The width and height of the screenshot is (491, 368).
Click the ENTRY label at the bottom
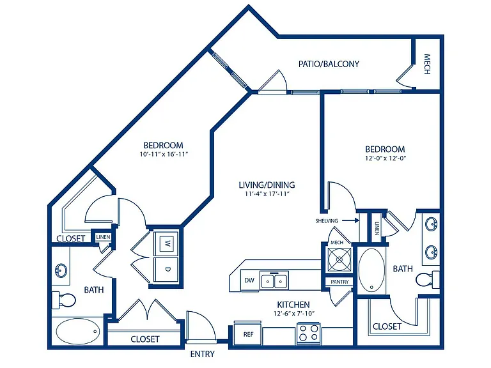pyautogui.click(x=202, y=354)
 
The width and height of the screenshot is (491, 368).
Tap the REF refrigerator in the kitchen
pyautogui.click(x=247, y=333)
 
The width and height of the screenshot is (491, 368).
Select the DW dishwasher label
pyautogui.click(x=249, y=280)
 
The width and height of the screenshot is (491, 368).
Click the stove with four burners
pyautogui.click(x=308, y=333)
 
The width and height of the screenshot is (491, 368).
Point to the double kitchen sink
pyautogui.click(x=274, y=280)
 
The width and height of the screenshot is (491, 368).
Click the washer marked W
pyautogui.click(x=167, y=243)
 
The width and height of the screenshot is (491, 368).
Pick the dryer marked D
pyautogui.click(x=167, y=270)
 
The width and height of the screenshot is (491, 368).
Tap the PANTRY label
pyautogui.click(x=339, y=282)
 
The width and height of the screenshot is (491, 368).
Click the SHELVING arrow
pyautogui.click(x=350, y=220)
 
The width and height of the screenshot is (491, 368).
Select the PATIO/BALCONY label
pyautogui.click(x=329, y=64)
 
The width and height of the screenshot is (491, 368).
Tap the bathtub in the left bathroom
pyautogui.click(x=77, y=332)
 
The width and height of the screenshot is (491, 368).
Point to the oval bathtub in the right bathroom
pyautogui.click(x=371, y=270)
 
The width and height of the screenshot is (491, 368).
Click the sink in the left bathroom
pyautogui.click(x=61, y=270)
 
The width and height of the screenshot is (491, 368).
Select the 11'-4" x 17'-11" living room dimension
pyautogui.click(x=267, y=194)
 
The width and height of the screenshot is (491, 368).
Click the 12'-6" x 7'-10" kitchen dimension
pyautogui.click(x=293, y=313)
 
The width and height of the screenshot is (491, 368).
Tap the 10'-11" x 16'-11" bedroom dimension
pyautogui.click(x=163, y=154)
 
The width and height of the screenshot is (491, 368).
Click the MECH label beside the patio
pyautogui.click(x=427, y=65)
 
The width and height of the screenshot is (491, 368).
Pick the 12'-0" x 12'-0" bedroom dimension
pyautogui.click(x=385, y=158)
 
